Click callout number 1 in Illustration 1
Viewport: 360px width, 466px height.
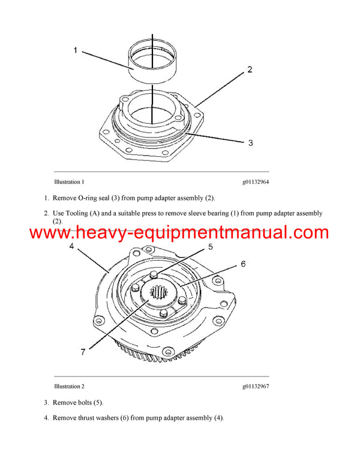coord(76,51)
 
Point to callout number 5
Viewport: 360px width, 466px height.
coord(210,247)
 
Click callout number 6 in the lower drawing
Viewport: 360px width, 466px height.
coord(243,264)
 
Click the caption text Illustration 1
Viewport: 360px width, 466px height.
coord(69,181)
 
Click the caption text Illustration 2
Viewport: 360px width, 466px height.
coord(69,386)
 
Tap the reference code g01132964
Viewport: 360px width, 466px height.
coord(256,181)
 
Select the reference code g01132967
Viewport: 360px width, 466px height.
coord(256,386)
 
